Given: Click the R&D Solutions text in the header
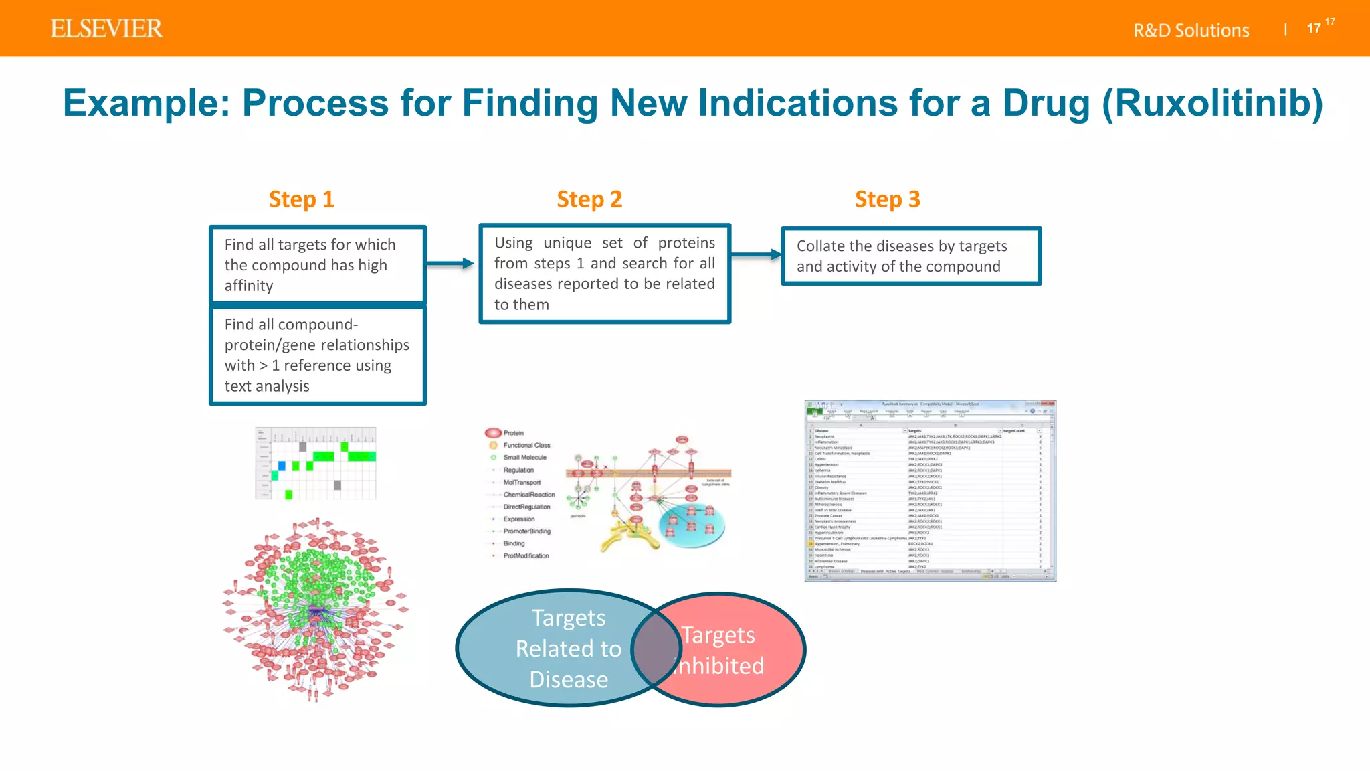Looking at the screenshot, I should click(x=1191, y=31).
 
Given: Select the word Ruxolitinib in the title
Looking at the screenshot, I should click(x=1211, y=103).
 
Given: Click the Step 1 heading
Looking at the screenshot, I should click(x=301, y=199).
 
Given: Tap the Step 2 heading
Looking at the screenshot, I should click(x=589, y=199).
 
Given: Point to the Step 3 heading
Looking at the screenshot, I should click(x=887, y=199).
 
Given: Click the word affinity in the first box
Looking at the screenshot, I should click(x=249, y=286).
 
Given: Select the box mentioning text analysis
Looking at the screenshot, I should click(x=318, y=355).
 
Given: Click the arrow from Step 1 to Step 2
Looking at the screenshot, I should click(x=450, y=264).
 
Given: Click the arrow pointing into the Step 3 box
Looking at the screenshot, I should click(x=756, y=254).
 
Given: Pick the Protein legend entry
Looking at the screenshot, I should click(x=513, y=433).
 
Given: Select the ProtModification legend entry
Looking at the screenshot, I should click(x=526, y=556).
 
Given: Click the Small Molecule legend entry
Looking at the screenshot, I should click(x=524, y=458).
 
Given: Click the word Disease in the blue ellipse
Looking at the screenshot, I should click(x=569, y=680).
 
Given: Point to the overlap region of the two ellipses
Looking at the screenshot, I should click(x=656, y=649).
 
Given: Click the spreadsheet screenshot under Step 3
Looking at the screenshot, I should click(x=930, y=491).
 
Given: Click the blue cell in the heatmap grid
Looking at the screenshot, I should click(x=282, y=466).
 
